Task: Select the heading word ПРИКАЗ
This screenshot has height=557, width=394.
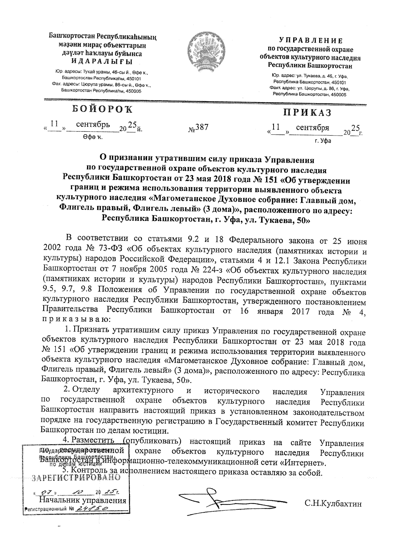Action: click(x=307, y=113)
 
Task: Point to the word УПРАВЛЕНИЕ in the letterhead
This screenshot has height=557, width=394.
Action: click(x=311, y=41)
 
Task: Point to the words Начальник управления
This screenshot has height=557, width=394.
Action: click(x=83, y=501)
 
